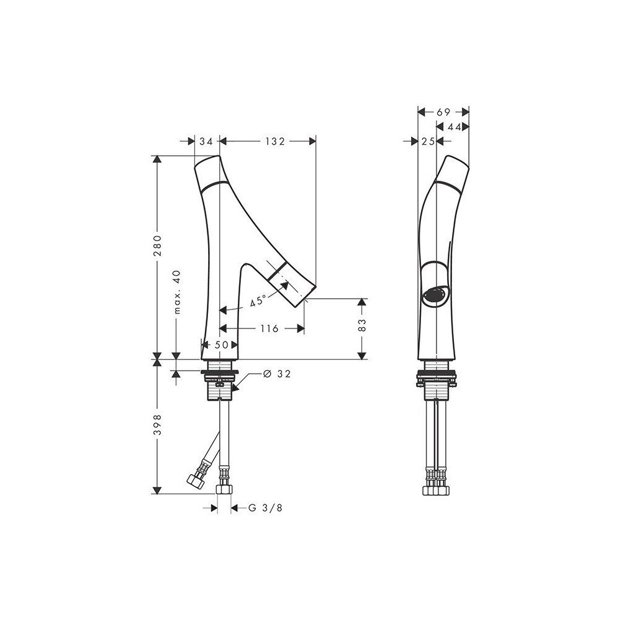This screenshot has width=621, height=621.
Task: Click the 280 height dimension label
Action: point(158,247)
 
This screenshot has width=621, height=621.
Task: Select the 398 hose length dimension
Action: point(158,425)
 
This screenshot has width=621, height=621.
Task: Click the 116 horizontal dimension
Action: point(269,329)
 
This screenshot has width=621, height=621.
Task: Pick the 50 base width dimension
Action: point(222,344)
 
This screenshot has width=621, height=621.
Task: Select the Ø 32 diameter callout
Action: point(276,374)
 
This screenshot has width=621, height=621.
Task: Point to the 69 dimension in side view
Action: point(443,112)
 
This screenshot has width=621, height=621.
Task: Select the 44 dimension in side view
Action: point(453,127)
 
